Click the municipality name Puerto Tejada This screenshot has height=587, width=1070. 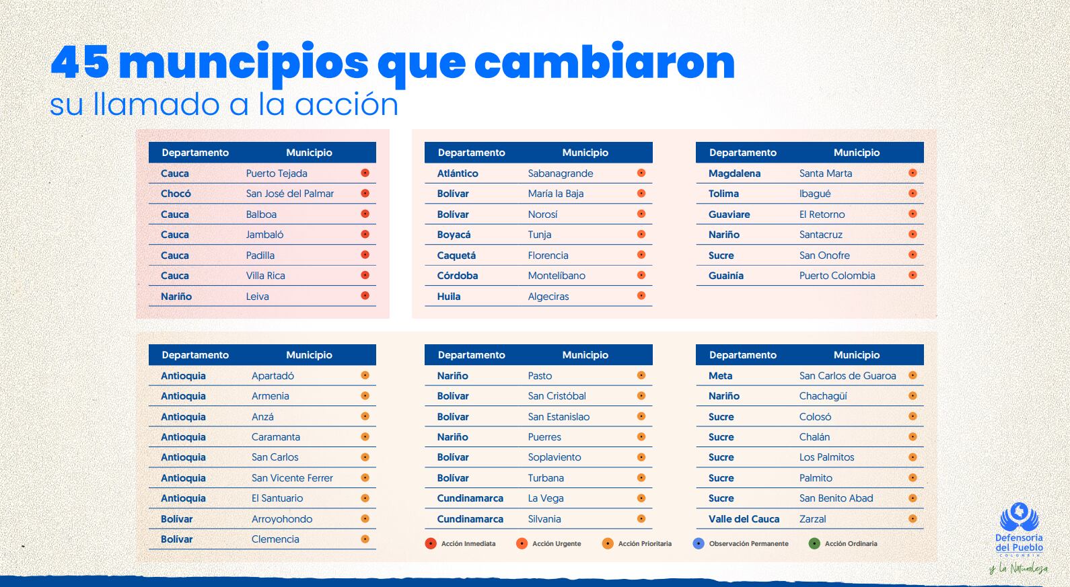(x=277, y=173)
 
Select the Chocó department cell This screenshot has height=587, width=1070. (x=176, y=194)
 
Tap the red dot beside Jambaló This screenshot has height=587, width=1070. (x=365, y=235)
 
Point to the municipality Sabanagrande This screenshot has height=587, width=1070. (x=561, y=173)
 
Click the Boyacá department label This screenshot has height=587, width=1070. (x=454, y=235)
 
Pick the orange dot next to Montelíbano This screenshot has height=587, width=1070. (x=641, y=275)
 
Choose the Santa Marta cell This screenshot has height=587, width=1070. (x=826, y=173)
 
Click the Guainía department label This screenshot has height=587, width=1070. (x=726, y=276)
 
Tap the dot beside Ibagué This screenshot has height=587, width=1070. (x=913, y=194)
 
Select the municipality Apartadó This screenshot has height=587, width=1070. (x=273, y=376)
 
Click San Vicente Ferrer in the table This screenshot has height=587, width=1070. (x=292, y=478)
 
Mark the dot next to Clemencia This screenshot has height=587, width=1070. (x=365, y=539)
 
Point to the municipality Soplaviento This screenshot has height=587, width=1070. (x=555, y=457)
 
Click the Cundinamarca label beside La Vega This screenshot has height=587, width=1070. (x=470, y=498)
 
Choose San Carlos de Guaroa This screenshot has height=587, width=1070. (x=847, y=376)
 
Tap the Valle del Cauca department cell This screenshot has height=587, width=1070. (x=744, y=519)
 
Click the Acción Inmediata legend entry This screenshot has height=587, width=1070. (x=461, y=543)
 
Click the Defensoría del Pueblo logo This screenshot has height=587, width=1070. (x=1019, y=531)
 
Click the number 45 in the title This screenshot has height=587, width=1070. (x=79, y=62)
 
